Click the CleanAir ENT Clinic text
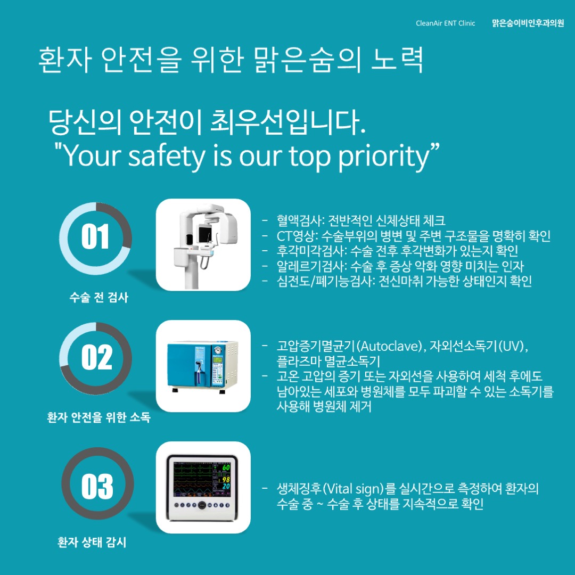(445, 23)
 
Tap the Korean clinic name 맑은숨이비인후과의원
(528, 23)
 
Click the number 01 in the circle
(95, 236)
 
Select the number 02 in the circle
(97, 357)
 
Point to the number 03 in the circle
(97, 486)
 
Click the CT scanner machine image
(203, 245)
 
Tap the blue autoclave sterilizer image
(203, 366)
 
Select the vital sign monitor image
(203, 488)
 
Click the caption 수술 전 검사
(99, 298)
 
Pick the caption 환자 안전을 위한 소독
(99, 417)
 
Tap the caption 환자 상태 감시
(92, 542)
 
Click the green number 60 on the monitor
(226, 467)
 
